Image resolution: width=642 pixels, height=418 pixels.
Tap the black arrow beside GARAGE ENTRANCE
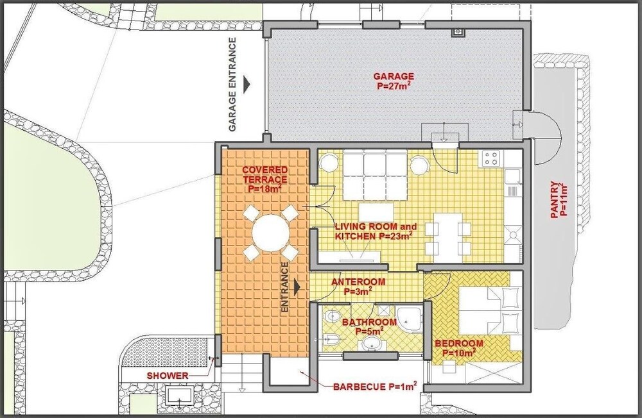point(247,84)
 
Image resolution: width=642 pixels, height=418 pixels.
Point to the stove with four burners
point(491,158)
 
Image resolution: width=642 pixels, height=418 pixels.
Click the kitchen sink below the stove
point(512,176)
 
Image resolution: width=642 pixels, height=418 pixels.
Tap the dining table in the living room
point(448,238)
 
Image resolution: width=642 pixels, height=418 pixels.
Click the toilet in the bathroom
point(333,316)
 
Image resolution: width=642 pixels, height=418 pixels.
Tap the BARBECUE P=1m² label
point(375,386)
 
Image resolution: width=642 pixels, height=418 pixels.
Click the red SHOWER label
point(168,376)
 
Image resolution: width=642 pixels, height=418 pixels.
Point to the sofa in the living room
point(375,174)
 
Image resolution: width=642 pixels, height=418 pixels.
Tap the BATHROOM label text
point(369,326)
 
